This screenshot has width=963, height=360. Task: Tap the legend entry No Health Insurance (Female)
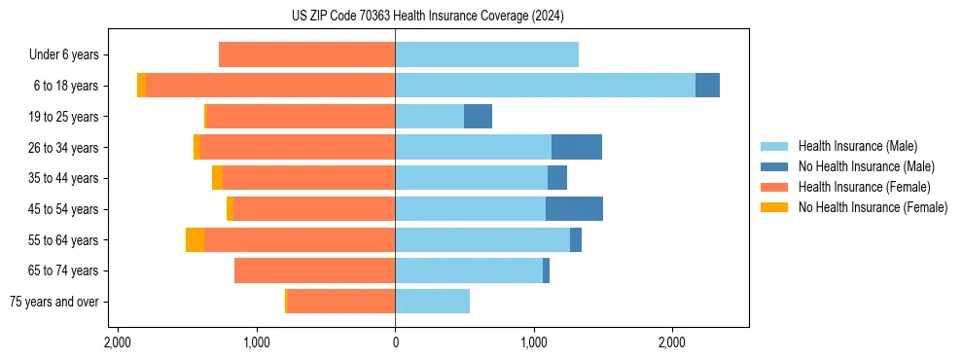pyautogui.click(x=873, y=207)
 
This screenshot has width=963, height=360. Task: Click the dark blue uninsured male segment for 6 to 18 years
pyautogui.click(x=707, y=86)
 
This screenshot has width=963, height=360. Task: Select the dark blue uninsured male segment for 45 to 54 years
pyautogui.click(x=574, y=209)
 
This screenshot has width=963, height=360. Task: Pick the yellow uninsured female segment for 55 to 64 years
pyautogui.click(x=195, y=240)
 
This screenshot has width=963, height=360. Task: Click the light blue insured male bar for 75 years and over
pyautogui.click(x=433, y=302)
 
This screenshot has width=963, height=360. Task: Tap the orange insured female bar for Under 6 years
pyautogui.click(x=307, y=55)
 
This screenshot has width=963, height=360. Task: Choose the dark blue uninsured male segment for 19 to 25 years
pyautogui.click(x=478, y=117)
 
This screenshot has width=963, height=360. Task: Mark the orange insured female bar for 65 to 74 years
pyautogui.click(x=315, y=270)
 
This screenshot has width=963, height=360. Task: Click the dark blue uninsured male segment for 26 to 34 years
pyautogui.click(x=577, y=148)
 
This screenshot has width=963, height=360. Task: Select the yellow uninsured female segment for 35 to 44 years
pyautogui.click(x=217, y=178)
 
